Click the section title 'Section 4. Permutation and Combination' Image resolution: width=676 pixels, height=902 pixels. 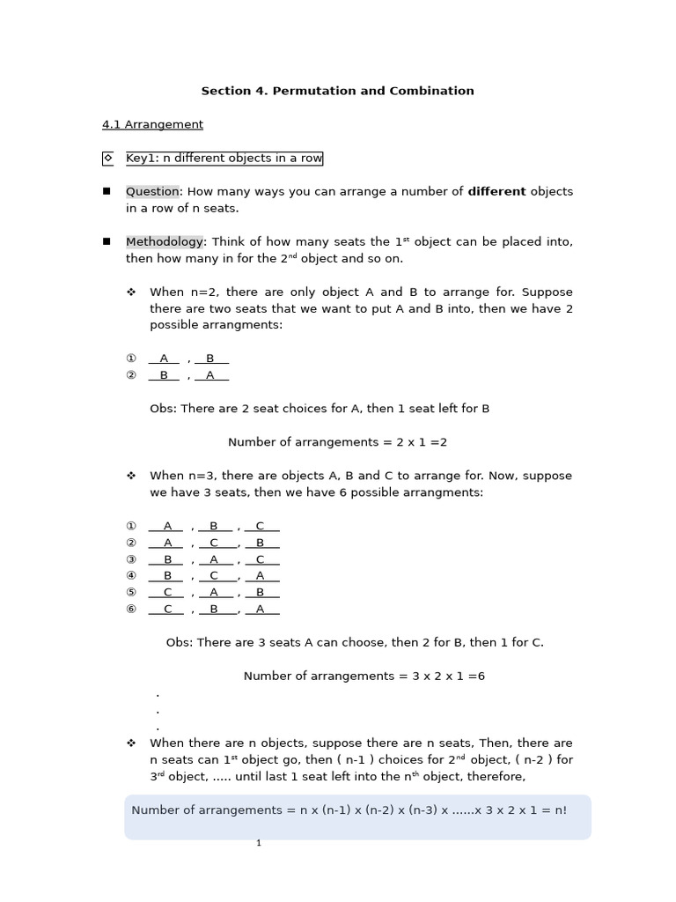337,91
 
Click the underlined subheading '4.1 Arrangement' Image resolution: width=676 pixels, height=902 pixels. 152,124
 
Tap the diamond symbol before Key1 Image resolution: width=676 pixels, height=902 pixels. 108,159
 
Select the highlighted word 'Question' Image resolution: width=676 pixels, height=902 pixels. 152,191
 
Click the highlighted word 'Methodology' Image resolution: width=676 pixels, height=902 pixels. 165,241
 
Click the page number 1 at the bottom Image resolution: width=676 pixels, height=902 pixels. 259,843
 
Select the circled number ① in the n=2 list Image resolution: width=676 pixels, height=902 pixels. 131,359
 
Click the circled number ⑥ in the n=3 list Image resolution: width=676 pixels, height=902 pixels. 131,609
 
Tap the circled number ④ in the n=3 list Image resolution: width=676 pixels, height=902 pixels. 131,575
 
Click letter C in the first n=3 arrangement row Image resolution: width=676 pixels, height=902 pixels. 260,526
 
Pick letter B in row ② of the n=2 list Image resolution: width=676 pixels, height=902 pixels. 164,375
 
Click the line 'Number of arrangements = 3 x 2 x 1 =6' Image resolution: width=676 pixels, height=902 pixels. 364,676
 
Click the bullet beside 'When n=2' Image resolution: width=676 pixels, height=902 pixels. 131,292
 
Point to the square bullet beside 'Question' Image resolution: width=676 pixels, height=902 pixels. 107,191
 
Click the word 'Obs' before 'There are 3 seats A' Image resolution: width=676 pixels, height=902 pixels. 178,642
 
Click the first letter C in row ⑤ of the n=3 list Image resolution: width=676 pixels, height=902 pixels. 167,592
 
